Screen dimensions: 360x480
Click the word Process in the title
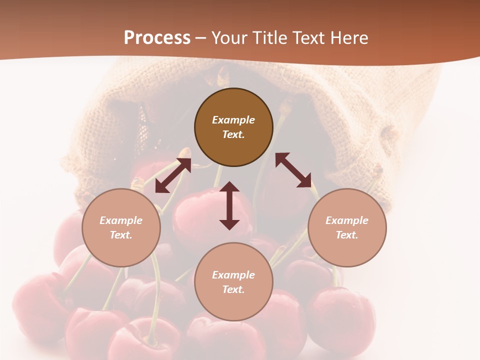coord(157,38)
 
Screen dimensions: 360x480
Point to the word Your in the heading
coord(229,38)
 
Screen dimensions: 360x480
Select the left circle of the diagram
coord(121,227)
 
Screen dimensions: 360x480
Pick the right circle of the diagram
coord(347,227)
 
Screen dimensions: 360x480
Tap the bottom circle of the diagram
coord(233,282)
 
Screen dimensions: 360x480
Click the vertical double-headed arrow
coord(229,205)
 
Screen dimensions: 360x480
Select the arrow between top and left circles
coord(173,175)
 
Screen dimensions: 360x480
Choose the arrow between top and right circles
coord(293,170)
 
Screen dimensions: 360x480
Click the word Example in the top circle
coord(233,120)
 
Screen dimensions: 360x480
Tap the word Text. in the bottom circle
coord(233,289)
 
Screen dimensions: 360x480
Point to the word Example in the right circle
coord(347,220)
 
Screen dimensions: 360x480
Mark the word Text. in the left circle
coord(121,235)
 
